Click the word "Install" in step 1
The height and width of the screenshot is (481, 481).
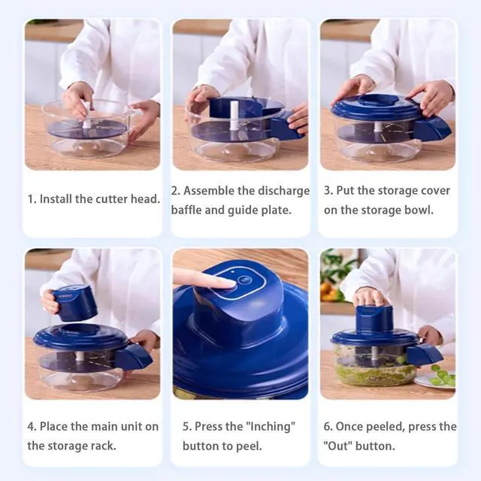pos(56,199)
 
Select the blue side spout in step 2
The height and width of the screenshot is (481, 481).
pos(286,126)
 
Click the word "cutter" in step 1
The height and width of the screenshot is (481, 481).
pos(113,199)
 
